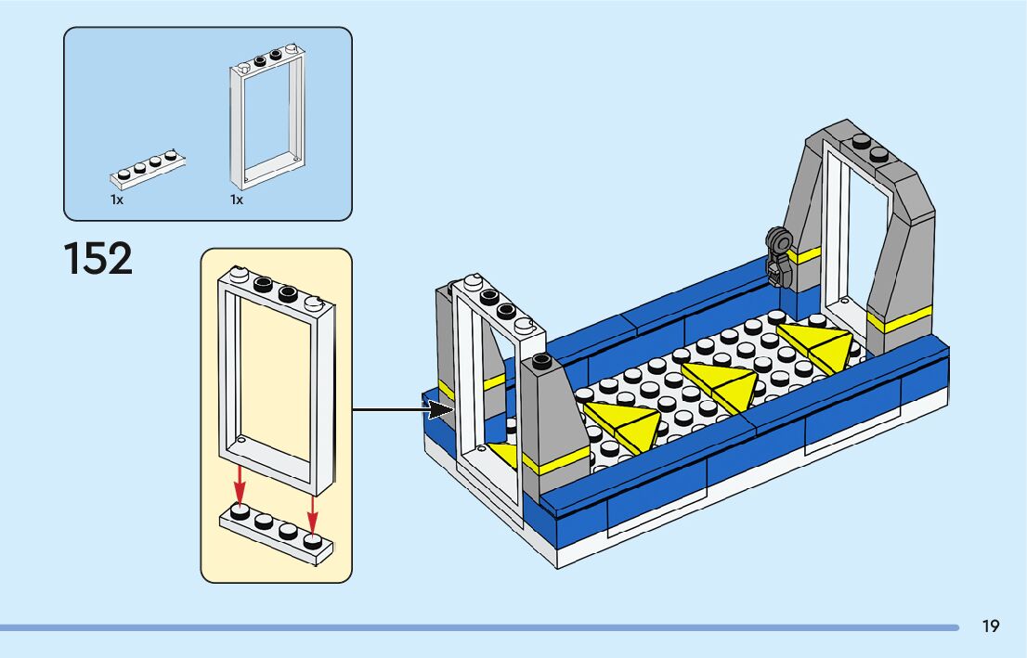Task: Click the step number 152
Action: click(98, 259)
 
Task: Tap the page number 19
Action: click(990, 626)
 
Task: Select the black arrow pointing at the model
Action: click(403, 410)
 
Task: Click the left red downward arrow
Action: click(240, 485)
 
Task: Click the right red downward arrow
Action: click(312, 513)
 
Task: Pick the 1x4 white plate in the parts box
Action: click(148, 169)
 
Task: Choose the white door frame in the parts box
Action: click(267, 117)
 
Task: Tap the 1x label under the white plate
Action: click(117, 200)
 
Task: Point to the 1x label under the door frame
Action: click(237, 200)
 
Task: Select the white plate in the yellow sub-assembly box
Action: click(276, 533)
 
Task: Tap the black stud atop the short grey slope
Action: click(541, 360)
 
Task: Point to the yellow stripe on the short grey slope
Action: click(555, 461)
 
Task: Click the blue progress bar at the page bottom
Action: click(479, 628)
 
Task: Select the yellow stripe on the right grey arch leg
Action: click(899, 319)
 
